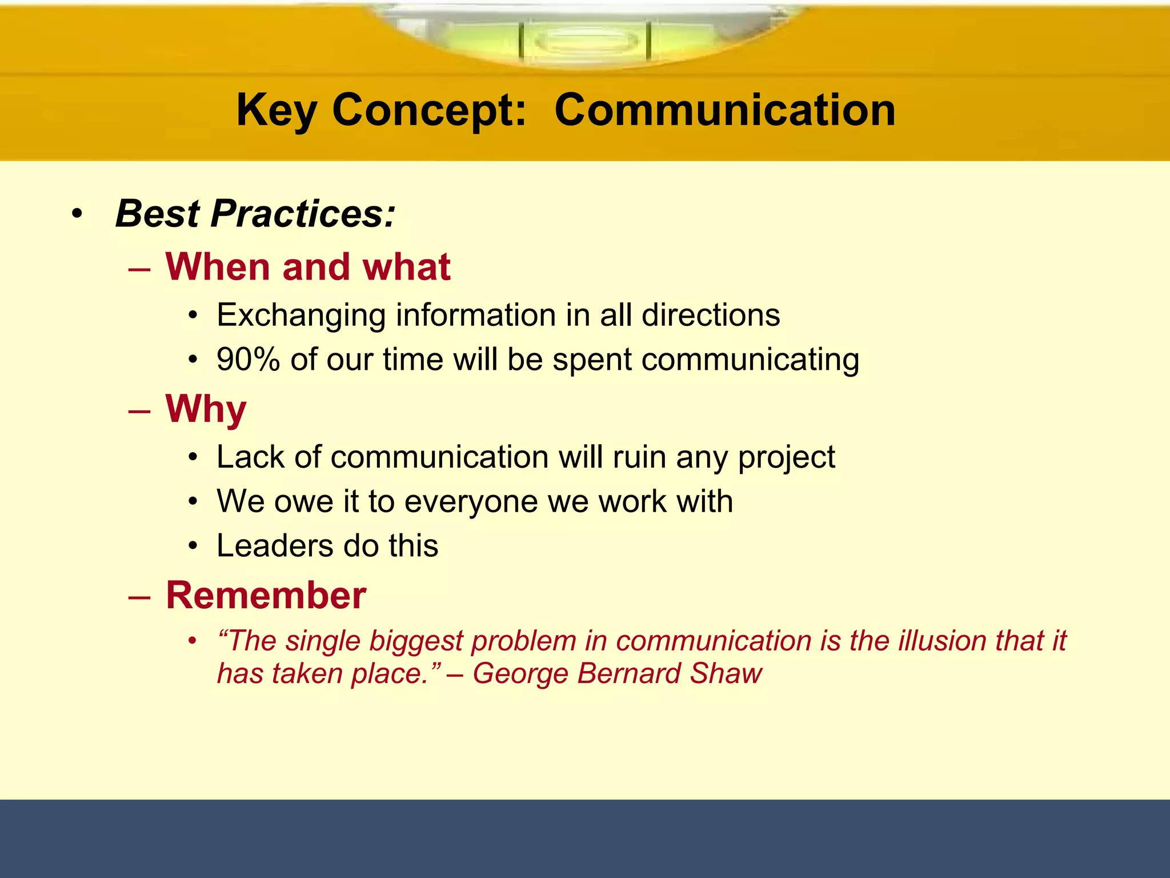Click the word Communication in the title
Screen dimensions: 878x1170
pos(724,110)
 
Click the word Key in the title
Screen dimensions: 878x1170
pos(277,111)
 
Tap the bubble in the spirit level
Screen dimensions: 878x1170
pos(586,41)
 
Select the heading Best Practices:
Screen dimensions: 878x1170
pos(255,214)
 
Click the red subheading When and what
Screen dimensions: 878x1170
pos(307,267)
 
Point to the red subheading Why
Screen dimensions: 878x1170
pos(206,409)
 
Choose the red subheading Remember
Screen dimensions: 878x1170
pos(266,595)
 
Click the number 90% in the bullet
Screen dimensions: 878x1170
pos(248,360)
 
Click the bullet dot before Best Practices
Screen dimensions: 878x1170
pos(77,215)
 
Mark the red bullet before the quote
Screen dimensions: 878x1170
pos(193,640)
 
